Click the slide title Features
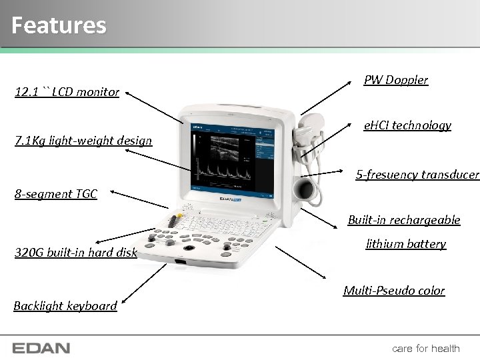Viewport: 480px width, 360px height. pos(59,25)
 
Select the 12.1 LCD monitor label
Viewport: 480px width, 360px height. pos(67,92)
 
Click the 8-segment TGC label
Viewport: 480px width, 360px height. pos(56,194)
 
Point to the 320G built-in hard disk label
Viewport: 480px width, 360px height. pos(75,252)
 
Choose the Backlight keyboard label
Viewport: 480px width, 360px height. pos(65,305)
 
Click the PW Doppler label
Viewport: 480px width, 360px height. pos(395,80)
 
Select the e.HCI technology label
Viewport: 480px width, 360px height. pos(407,125)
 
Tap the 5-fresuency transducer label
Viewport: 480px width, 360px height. pos(417,175)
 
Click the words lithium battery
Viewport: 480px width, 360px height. pos(405,244)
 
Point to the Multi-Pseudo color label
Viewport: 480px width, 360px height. pos(393,290)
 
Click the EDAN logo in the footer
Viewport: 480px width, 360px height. pos(41,348)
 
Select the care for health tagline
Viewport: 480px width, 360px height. pos(425,348)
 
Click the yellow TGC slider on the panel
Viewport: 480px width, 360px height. pos(178,221)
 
